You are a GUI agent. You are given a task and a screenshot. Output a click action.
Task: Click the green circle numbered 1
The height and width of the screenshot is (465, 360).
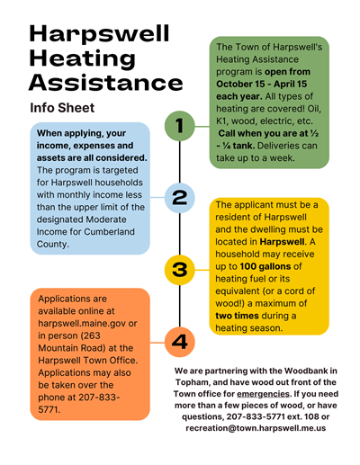[x=180, y=127]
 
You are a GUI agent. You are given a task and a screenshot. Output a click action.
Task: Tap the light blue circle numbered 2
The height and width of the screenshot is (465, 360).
[x=180, y=195]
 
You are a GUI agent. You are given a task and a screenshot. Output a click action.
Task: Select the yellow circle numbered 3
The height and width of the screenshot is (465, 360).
[x=180, y=268]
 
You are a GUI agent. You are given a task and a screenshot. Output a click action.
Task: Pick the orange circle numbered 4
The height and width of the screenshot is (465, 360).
[x=180, y=341]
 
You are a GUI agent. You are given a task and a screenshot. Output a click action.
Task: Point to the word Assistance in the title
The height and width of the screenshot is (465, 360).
[x=105, y=84]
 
